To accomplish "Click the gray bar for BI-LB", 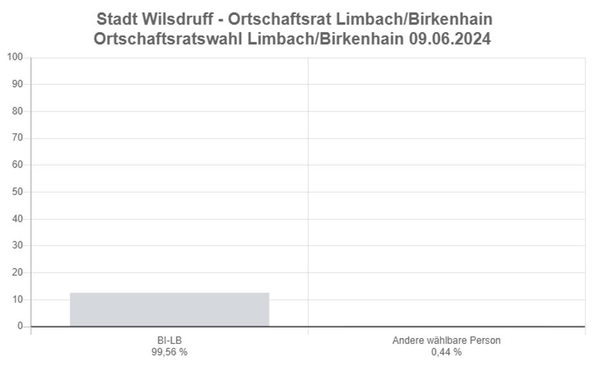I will [169, 309].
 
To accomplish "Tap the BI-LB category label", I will [169, 340].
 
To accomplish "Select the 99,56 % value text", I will [169, 352].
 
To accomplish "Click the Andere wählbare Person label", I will [446, 340].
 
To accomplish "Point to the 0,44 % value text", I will [446, 352].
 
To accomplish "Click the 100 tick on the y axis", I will [15, 57].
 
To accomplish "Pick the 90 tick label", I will [17, 84].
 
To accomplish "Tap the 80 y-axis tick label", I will [17, 111].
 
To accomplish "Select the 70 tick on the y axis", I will [17, 138].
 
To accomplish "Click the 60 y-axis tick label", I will [17, 165].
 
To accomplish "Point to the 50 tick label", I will [17, 192].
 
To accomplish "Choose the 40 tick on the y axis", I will [17, 219].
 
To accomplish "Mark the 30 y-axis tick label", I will [17, 245].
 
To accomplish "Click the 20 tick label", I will [17, 272].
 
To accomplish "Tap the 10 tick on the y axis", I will [17, 299].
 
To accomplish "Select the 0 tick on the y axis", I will [20, 326].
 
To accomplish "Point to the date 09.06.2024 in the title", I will [450, 39].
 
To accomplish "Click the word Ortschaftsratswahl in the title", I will [169, 39].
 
